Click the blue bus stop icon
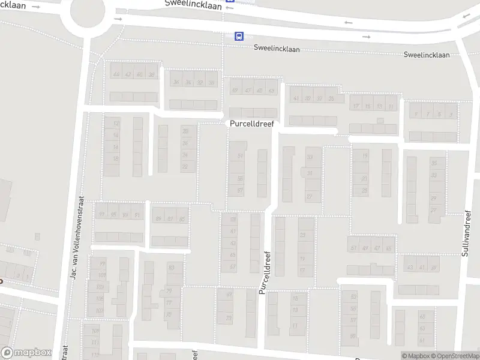tap(239, 36)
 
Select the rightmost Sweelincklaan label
tap(427, 55)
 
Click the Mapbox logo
tap(26, 353)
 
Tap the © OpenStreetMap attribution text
tap(454, 356)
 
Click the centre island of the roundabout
tap(88, 13)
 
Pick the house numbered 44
tap(116, 74)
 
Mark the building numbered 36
tap(176, 82)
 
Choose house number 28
tap(185, 131)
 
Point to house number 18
tap(116, 158)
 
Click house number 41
tap(296, 98)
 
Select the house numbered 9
tap(451, 113)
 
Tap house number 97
tap(102, 215)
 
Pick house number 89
tap(158, 219)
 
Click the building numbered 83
tap(172, 268)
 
